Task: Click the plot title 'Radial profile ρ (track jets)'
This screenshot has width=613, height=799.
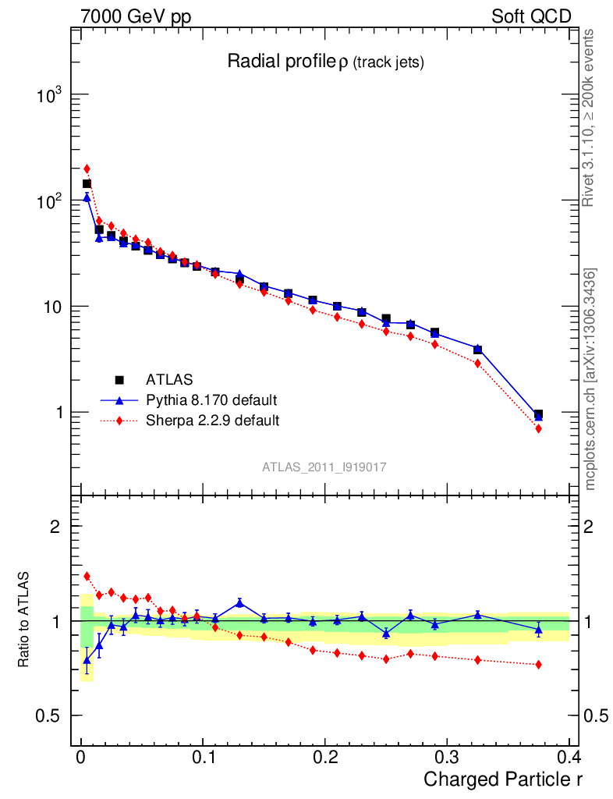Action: [x=324, y=62]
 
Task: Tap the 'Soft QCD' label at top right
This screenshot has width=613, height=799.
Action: [x=531, y=16]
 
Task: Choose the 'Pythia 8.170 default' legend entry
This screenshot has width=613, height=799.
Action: [x=211, y=400]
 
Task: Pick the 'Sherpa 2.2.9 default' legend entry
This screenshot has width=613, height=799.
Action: [x=212, y=421]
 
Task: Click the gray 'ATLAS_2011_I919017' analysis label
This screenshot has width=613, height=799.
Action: [x=324, y=467]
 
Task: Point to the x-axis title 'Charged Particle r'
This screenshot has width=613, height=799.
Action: [x=503, y=779]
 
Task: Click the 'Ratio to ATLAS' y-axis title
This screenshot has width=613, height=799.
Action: [x=24, y=621]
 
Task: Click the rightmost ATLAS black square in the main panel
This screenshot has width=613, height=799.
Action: [x=538, y=414]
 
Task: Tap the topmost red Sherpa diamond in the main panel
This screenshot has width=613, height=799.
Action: [x=87, y=169]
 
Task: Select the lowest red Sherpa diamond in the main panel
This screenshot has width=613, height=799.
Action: [x=538, y=428]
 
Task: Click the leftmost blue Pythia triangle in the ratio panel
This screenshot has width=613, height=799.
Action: [x=87, y=659]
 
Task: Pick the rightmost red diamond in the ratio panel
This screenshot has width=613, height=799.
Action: [x=538, y=664]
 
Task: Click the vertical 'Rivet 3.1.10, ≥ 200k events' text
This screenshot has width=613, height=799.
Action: [x=590, y=118]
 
